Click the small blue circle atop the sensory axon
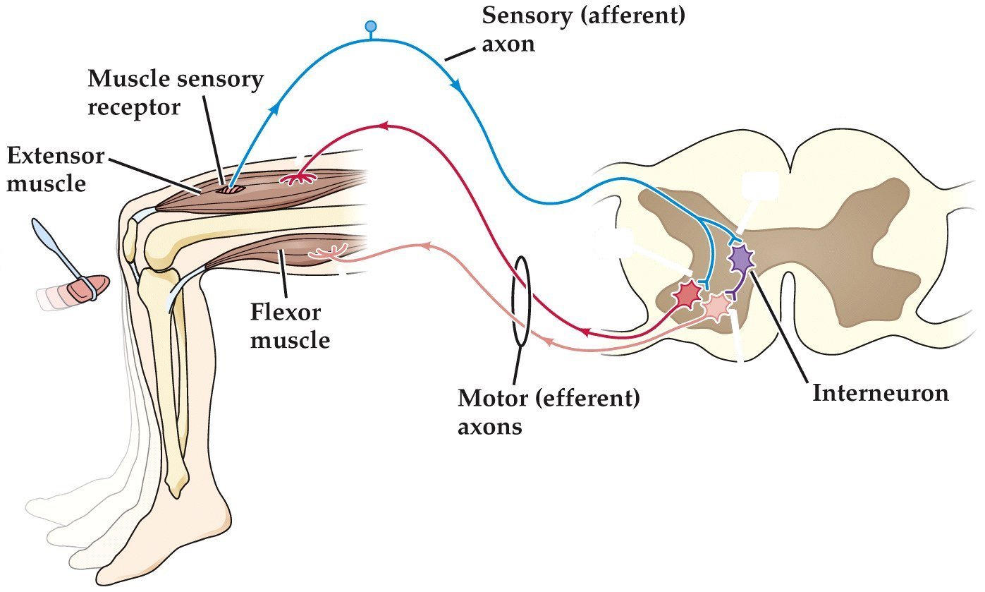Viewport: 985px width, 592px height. pyautogui.click(x=370, y=28)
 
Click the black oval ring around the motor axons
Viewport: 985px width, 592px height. pyautogui.click(x=521, y=301)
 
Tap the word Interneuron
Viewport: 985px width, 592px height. pyautogui.click(x=880, y=392)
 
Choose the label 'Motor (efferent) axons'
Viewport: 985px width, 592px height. pyautogui.click(x=549, y=412)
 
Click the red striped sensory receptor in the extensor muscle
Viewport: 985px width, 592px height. pyautogui.click(x=227, y=188)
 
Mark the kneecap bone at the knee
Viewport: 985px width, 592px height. pyautogui.click(x=130, y=241)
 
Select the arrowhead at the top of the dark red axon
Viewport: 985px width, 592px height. pyautogui.click(x=383, y=126)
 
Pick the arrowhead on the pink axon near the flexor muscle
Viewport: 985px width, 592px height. pyautogui.click(x=425, y=246)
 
